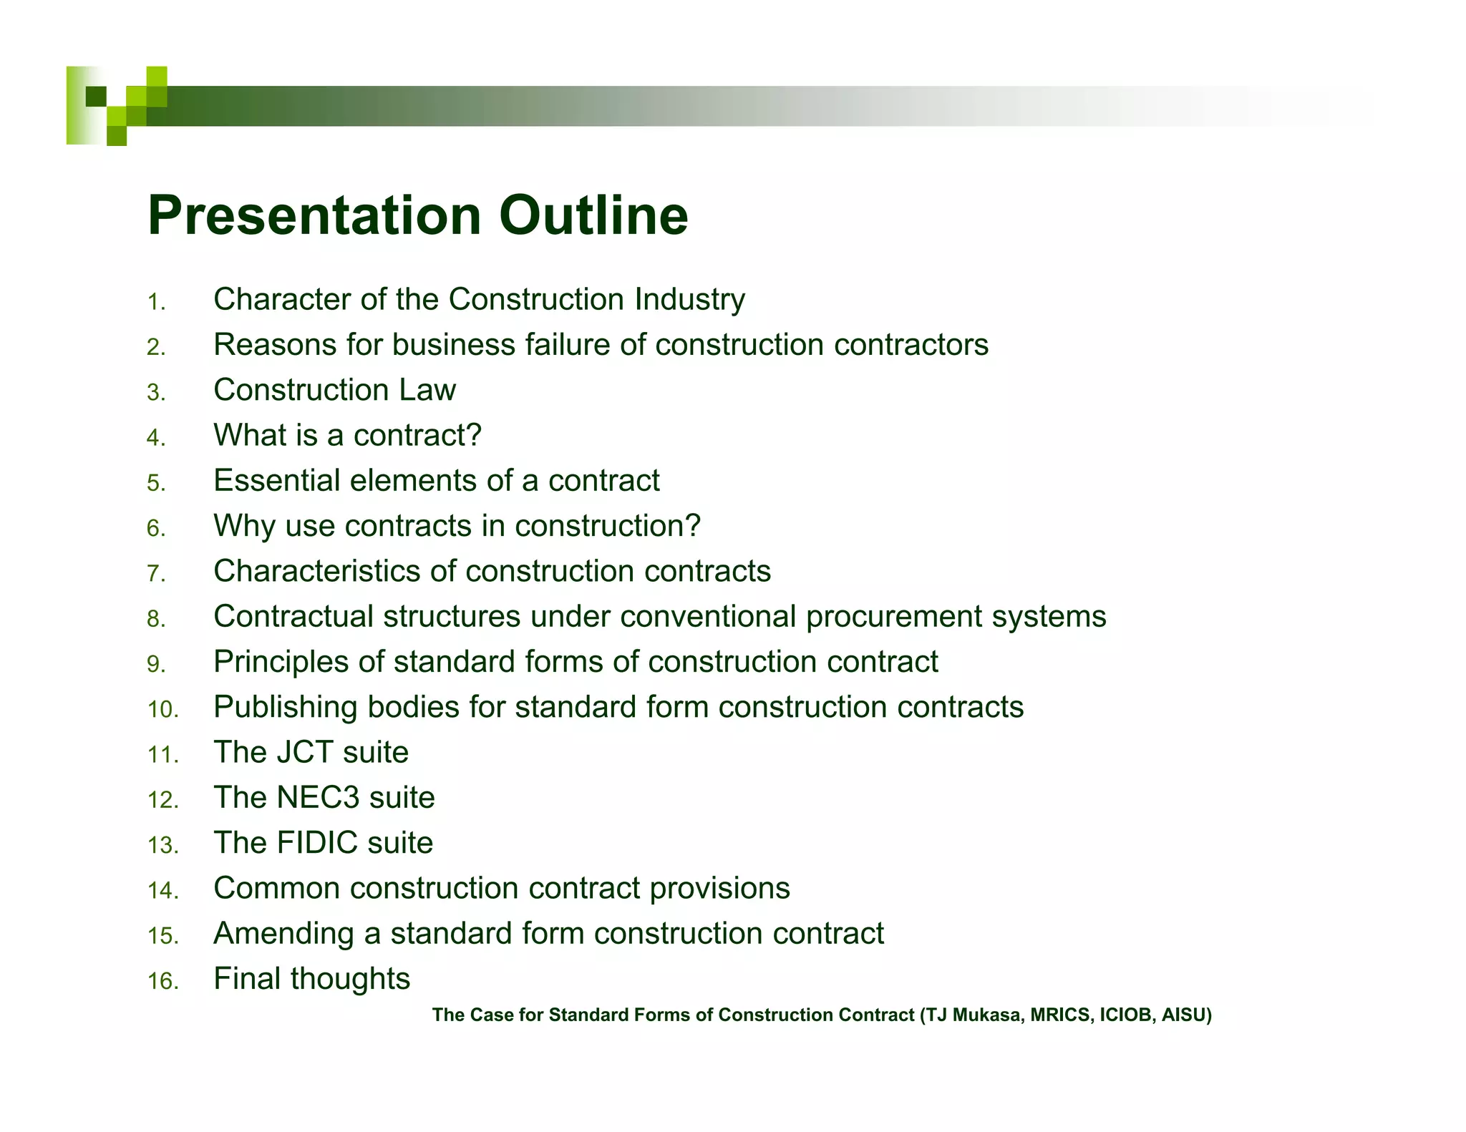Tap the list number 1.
155,302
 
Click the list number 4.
155,438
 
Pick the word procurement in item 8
893,617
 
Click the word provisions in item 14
719,889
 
